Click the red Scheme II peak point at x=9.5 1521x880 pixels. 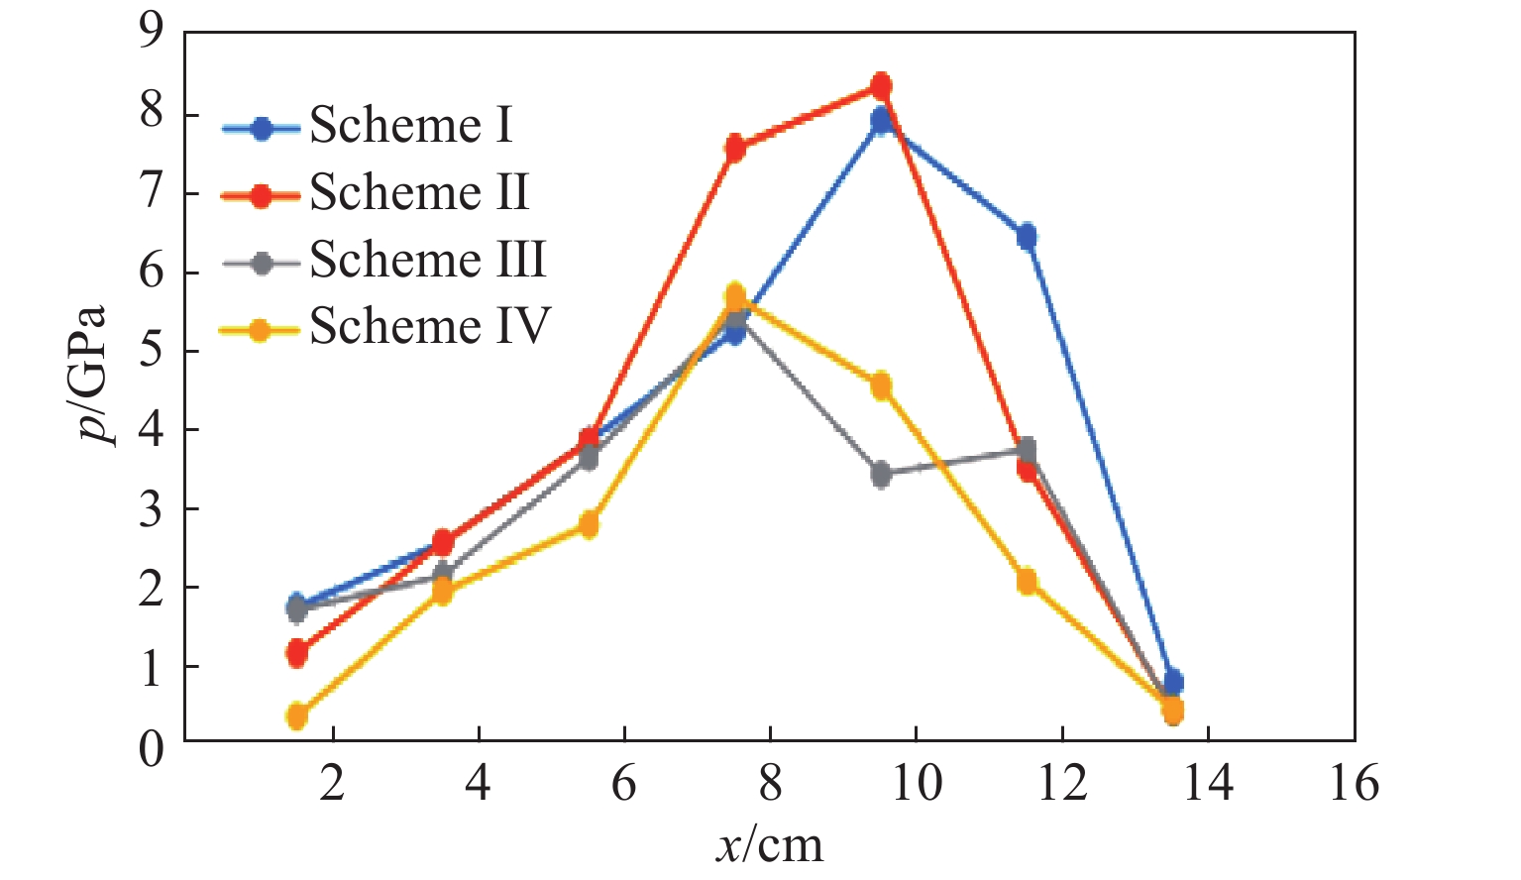tap(881, 86)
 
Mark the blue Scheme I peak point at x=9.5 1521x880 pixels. tap(881, 121)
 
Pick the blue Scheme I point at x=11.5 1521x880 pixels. tap(1027, 236)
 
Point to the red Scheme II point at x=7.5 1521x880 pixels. tap(735, 149)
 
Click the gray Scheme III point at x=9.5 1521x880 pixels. tap(881, 474)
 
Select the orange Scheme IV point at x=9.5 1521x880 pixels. tap(881, 385)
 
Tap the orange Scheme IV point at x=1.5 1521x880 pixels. tap(296, 715)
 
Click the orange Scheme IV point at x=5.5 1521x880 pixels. tap(589, 524)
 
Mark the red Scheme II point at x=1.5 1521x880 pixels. tap(296, 652)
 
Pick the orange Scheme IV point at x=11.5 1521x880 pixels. tap(1027, 581)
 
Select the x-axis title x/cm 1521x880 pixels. tap(769, 845)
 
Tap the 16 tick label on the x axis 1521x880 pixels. tap(1354, 785)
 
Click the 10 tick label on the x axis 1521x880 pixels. tap(916, 785)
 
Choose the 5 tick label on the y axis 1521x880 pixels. tap(151, 351)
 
